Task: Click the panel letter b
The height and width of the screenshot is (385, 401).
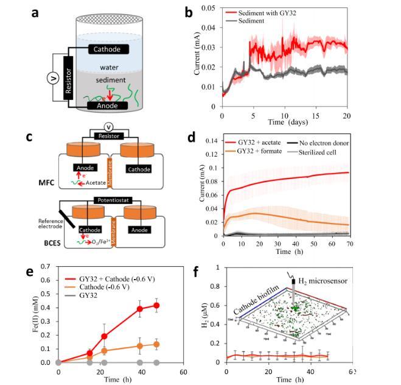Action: [x=189, y=12]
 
